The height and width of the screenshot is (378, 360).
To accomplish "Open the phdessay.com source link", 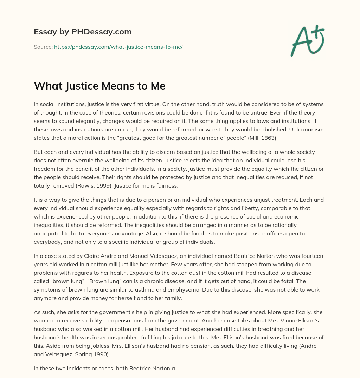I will pyautogui.click(x=118, y=47).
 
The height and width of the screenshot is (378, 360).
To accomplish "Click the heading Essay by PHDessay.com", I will pyautogui.click(x=83, y=32).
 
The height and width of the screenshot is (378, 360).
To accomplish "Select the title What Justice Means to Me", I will pyautogui.click(x=99, y=85).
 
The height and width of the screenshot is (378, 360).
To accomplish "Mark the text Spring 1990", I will pyautogui.click(x=97, y=354).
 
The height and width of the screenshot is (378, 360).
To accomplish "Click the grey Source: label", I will pyautogui.click(x=43, y=47).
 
